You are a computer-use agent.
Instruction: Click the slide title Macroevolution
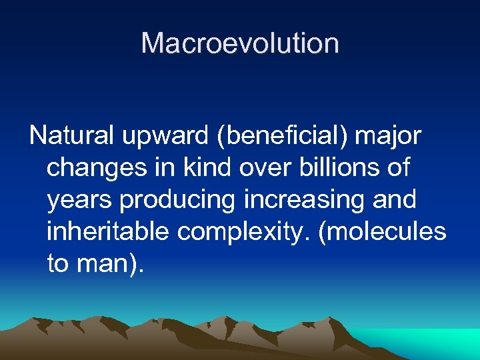point(240,44)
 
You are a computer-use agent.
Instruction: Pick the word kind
point(207,167)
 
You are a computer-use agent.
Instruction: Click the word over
point(267,168)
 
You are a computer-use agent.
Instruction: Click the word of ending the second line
point(398,167)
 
